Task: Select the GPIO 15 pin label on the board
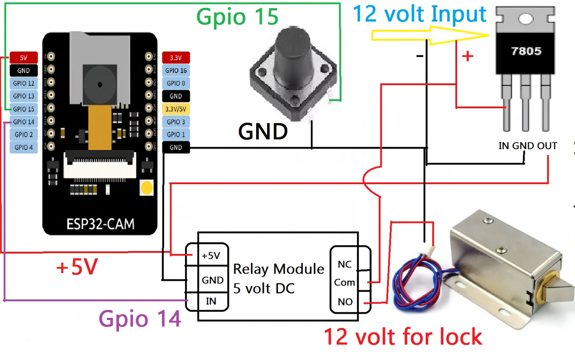click(x=23, y=109)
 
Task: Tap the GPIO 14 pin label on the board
click(x=23, y=122)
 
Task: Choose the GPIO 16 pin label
click(x=176, y=71)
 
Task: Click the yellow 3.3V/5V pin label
click(x=176, y=109)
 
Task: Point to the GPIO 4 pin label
click(x=23, y=147)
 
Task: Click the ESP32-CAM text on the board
click(x=101, y=224)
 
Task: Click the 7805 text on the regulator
click(x=527, y=52)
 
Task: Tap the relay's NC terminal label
click(x=345, y=264)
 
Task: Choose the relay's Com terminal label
click(x=345, y=283)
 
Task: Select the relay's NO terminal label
click(x=345, y=302)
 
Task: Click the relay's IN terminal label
click(x=211, y=300)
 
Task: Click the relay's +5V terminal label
click(x=211, y=256)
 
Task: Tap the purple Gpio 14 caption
click(x=140, y=319)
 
